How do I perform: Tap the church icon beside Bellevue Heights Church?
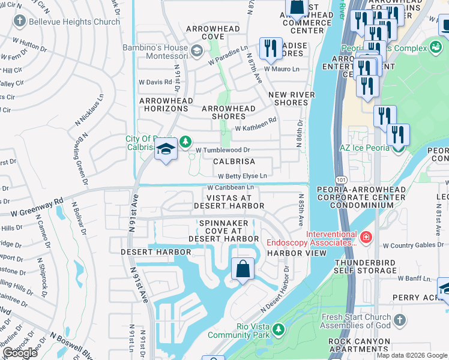pos(19,22)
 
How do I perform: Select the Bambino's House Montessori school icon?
pos(196,50)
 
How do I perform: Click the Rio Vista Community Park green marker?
pos(278,329)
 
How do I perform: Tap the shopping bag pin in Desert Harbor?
pos(243,269)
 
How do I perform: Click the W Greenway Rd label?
pos(37,206)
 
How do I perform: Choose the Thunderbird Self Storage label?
pos(366,266)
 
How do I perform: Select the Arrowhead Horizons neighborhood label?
pos(164,104)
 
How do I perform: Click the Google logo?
pos(20,353)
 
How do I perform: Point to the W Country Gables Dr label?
pos(411,245)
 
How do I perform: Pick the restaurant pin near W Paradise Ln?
pos(270,48)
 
